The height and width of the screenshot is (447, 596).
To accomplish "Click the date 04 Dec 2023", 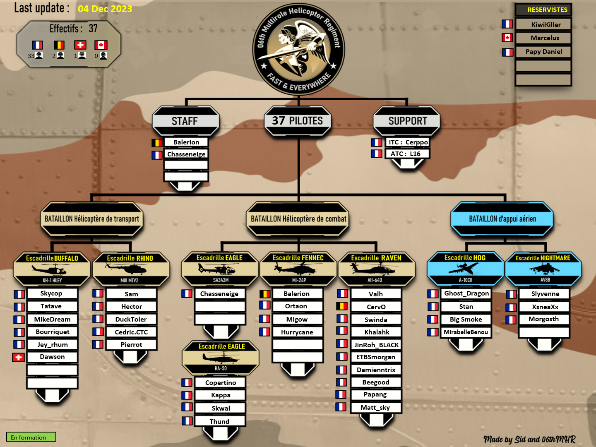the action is point(105,9).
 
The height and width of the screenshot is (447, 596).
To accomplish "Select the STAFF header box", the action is point(185,121).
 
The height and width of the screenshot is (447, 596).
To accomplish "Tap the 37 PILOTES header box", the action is point(298,121).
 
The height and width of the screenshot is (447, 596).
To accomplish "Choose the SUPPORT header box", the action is point(407,121).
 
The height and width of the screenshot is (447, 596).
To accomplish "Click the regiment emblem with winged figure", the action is point(298,49).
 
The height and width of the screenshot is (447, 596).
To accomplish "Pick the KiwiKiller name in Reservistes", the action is point(546,25).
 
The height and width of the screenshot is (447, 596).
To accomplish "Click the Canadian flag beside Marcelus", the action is point(507,38).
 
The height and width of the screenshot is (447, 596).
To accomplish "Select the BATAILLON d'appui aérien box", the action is point(502,219).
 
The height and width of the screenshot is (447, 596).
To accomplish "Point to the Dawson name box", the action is point(52,357).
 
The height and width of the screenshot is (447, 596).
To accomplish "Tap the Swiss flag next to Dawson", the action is point(19,358).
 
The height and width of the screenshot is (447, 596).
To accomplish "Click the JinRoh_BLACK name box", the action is point(376,345).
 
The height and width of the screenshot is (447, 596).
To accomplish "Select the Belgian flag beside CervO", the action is point(342,306).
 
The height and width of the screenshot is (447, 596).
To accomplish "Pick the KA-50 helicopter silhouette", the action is point(221,358).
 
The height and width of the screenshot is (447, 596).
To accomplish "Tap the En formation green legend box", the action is point(31,437).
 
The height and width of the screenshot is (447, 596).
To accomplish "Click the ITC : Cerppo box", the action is point(407,142).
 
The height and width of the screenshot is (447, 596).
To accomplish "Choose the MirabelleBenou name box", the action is point(466,332).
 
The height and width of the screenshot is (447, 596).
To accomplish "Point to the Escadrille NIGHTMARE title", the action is point(543,258).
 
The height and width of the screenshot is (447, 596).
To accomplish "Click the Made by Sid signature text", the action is point(529,439).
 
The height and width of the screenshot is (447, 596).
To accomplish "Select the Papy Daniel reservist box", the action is point(543,52).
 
